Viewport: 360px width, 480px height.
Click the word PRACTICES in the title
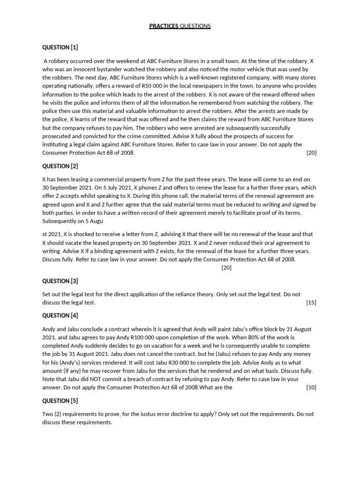coord(164,26)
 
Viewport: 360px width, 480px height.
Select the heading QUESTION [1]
coord(60,47)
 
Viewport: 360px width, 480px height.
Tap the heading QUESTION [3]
coord(60,281)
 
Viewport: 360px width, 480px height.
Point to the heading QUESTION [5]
coord(60,401)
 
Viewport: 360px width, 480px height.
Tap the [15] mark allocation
coord(311,303)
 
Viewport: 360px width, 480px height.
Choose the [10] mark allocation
coord(311,388)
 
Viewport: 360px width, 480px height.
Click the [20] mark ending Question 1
coord(311,153)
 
